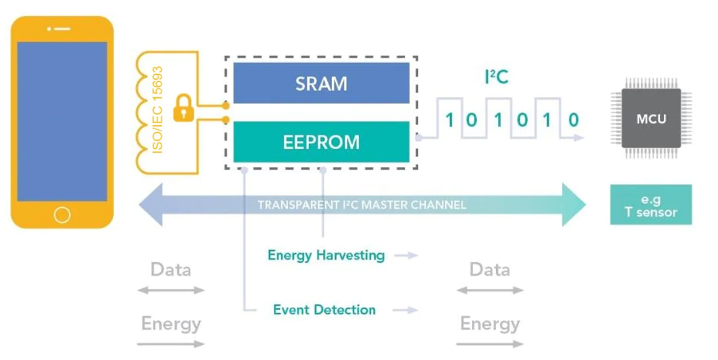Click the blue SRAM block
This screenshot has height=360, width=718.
321,84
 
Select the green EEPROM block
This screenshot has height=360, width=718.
321,143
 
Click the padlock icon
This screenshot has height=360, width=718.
184,108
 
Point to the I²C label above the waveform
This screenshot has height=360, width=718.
496,77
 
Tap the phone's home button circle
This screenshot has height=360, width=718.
62,214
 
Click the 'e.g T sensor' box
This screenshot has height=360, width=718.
650,205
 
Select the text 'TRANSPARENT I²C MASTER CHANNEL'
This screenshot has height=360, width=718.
361,205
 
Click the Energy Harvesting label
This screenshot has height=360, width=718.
326,255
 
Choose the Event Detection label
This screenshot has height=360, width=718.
324,309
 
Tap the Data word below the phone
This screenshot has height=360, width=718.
171,269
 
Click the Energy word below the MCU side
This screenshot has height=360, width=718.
490,323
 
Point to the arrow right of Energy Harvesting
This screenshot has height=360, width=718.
407,256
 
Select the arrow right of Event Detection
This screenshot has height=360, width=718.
407,310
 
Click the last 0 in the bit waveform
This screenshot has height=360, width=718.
573,120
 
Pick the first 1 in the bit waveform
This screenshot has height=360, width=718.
450,120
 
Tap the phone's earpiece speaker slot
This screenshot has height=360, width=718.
62,29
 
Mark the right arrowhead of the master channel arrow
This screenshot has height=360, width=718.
575,205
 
